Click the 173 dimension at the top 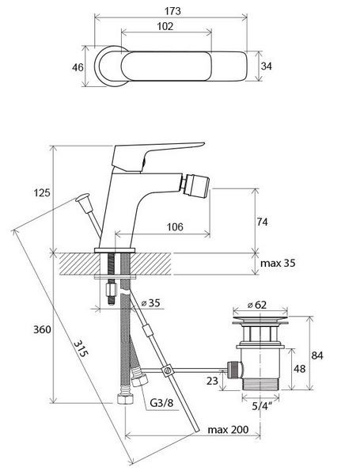pos(172,11)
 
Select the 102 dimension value pos(165,26)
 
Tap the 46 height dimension pos(78,67)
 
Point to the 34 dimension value pos(266,66)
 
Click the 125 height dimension pos(42,192)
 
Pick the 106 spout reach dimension pos(175,226)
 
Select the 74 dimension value pos(262,222)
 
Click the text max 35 pos(278,263)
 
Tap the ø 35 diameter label pos(151,302)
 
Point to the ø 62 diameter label pos(257,305)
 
